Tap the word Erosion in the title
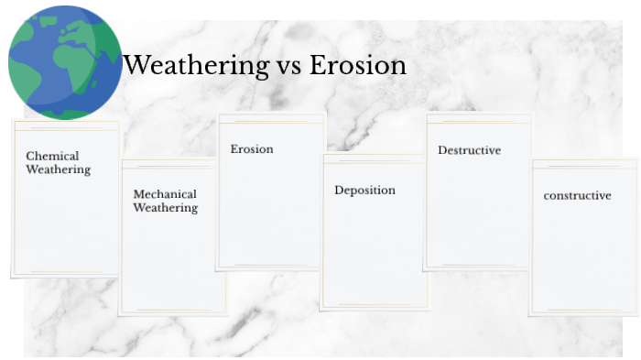click(x=358, y=66)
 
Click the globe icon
click(x=65, y=62)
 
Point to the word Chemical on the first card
click(x=52, y=156)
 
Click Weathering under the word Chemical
click(x=58, y=169)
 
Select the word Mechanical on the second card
click(x=165, y=194)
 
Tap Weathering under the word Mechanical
click(x=165, y=208)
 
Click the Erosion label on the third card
click(x=252, y=148)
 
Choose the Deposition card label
click(x=364, y=191)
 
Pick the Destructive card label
click(x=469, y=150)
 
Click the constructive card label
click(x=577, y=195)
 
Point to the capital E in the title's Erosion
click(x=318, y=66)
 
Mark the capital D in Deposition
click(x=339, y=191)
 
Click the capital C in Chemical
click(x=30, y=156)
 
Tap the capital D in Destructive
click(x=442, y=150)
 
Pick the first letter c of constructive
click(x=547, y=196)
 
